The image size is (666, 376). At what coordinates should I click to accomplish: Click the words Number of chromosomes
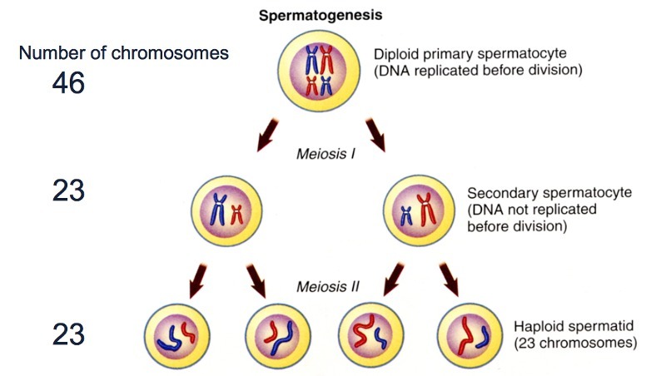pyautogui.click(x=123, y=53)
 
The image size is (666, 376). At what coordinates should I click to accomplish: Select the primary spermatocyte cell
pyautogui.click(x=322, y=73)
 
